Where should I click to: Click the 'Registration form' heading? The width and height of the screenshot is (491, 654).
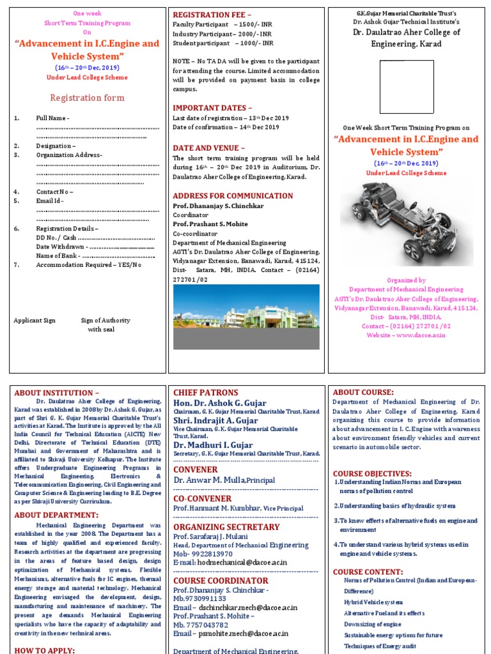pos(87,98)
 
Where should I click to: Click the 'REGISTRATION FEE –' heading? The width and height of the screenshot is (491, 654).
pos(212,13)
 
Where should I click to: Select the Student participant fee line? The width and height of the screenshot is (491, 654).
pos(223,43)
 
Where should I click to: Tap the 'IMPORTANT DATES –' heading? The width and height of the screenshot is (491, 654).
pos(212,108)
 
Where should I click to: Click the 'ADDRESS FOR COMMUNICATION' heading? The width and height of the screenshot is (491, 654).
pos(233,196)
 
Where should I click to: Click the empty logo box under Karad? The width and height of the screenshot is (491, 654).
pos(407,86)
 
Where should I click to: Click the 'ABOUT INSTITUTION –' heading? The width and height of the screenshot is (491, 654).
pos(57,392)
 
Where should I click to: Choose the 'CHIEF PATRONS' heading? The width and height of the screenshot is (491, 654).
pos(206,393)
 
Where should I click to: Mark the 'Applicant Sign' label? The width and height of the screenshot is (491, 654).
pos(35,321)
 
